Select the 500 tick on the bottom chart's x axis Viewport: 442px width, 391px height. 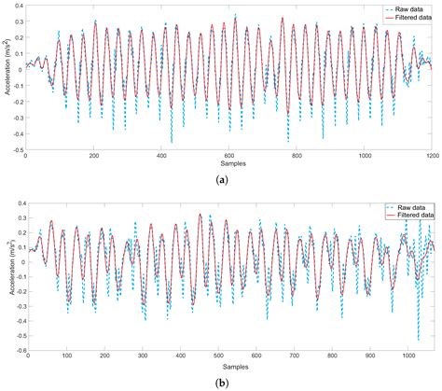click(218, 356)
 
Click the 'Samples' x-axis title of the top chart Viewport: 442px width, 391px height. click(229, 163)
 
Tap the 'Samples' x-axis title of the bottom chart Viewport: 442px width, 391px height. click(229, 364)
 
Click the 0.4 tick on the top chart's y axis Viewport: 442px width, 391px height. click(18, 5)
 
